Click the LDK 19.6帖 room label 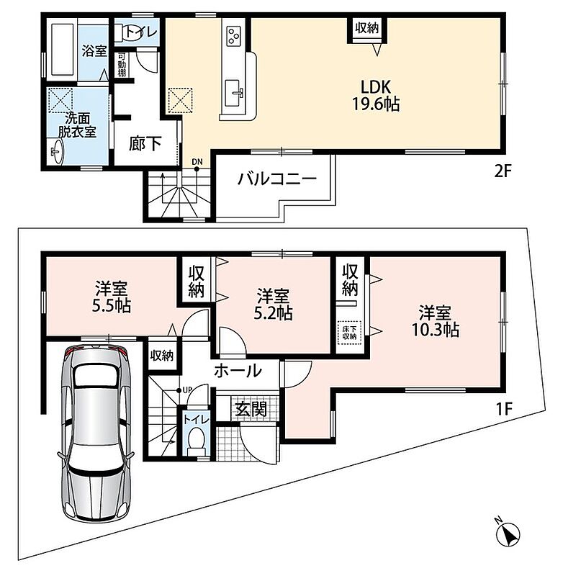pos(376,96)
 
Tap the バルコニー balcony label pos(277,179)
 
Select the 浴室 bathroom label pos(94,50)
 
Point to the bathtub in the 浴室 pos(62,50)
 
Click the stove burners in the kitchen pos(233,36)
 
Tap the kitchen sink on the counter pos(233,94)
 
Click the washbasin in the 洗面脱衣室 pos(57,151)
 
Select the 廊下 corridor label pos(145,143)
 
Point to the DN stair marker pos(197,161)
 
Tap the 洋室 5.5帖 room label pos(112,297)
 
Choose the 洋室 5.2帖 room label pos(274,304)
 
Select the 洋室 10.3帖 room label pos(435,321)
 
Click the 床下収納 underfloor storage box pos(349,333)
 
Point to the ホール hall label pos(238,371)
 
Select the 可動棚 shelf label pos(122,65)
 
